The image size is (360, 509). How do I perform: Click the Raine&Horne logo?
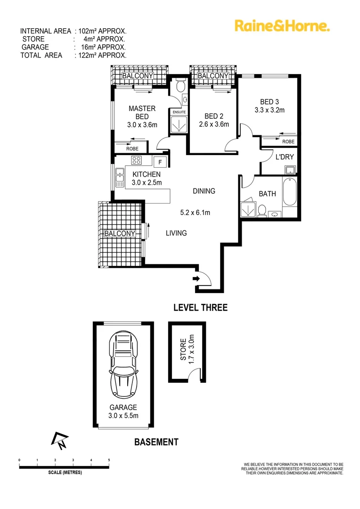click(282, 25)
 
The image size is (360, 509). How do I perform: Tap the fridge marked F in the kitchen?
click(160, 162)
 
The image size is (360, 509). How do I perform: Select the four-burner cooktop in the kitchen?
click(137, 160)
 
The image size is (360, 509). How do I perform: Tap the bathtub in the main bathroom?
click(290, 192)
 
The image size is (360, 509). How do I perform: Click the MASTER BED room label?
click(142, 113)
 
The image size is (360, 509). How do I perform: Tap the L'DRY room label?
click(285, 157)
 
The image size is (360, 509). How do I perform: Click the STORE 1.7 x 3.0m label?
click(187, 348)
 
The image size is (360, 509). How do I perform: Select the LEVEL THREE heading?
click(200, 308)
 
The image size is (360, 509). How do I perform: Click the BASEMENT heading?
click(156, 442)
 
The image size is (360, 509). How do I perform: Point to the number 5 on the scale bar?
click(109, 460)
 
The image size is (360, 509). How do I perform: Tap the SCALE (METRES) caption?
click(65, 473)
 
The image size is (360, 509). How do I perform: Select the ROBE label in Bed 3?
click(288, 141)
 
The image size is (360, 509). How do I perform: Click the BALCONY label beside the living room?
click(120, 234)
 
